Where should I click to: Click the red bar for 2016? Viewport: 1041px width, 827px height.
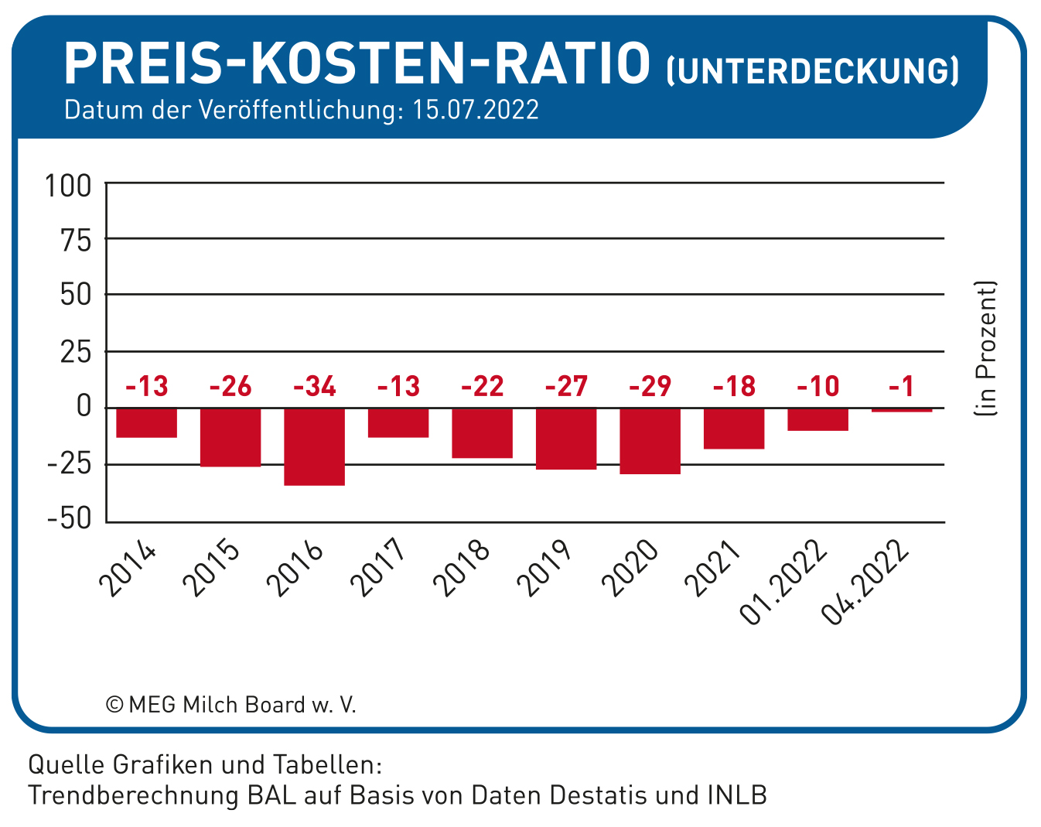pyautogui.click(x=315, y=446)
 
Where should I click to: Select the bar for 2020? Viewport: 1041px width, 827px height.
pyautogui.click(x=650, y=441)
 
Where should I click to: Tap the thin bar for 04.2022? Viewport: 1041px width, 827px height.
pyautogui.click(x=902, y=410)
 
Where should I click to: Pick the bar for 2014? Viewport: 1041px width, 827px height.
pyautogui.click(x=147, y=423)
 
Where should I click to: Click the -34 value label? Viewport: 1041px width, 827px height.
pyautogui.click(x=315, y=387)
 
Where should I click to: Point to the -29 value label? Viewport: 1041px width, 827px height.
pyautogui.click(x=650, y=387)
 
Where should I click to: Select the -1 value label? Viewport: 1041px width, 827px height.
pyautogui.click(x=901, y=387)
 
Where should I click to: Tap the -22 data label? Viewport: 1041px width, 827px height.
pyautogui.click(x=483, y=387)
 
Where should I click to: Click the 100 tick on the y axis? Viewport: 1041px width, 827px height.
pyautogui.click(x=68, y=186)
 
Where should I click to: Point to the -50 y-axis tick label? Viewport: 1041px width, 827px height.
pyautogui.click(x=69, y=518)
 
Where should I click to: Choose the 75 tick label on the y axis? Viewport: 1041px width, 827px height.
pyautogui.click(x=76, y=241)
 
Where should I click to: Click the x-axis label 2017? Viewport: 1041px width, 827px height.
pyautogui.click(x=377, y=568)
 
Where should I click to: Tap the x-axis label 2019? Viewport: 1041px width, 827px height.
pyautogui.click(x=544, y=568)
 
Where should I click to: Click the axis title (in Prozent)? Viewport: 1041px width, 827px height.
pyautogui.click(x=985, y=348)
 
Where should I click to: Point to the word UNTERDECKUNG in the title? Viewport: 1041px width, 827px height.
pyautogui.click(x=813, y=72)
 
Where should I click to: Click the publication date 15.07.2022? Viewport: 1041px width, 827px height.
pyautogui.click(x=476, y=110)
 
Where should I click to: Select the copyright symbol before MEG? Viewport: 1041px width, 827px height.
pyautogui.click(x=114, y=705)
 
